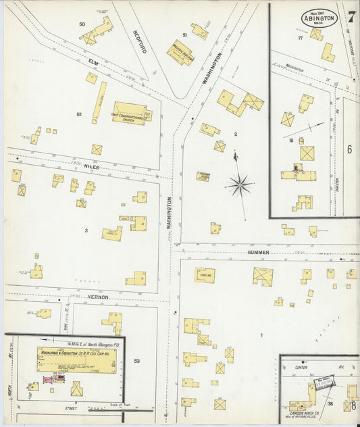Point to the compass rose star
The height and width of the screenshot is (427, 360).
coord(239,183)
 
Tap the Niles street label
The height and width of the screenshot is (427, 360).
coord(92,166)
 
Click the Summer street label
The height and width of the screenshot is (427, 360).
coord(258,252)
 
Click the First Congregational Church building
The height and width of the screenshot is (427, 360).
coord(130,113)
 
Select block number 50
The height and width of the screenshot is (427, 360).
coord(82,24)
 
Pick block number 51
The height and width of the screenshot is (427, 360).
coord(184,34)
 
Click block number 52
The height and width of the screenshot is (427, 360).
coord(79,114)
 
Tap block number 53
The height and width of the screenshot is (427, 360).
coord(136,361)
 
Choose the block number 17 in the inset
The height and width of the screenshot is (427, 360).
coord(300,39)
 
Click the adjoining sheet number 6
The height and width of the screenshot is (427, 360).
coord(349,149)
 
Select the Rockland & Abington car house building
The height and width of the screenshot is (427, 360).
coord(76,360)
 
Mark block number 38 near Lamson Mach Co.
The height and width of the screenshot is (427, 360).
coord(330,403)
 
